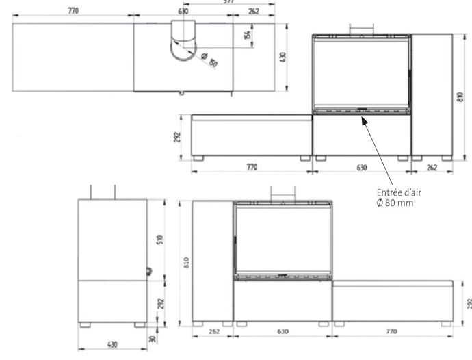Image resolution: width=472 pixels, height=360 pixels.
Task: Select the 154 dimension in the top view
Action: coord(247,31)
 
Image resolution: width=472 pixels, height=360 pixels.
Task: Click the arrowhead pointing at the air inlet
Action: coord(363,117)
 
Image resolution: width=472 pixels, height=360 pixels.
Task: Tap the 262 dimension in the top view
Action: coord(253,12)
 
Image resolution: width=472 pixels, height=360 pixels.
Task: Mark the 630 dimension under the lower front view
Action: coord(283,331)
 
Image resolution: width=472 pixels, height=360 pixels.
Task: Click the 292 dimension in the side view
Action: coord(160,303)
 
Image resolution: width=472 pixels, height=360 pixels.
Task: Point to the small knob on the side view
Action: coord(148,271)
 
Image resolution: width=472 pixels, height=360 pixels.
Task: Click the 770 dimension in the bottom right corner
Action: coord(391,331)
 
